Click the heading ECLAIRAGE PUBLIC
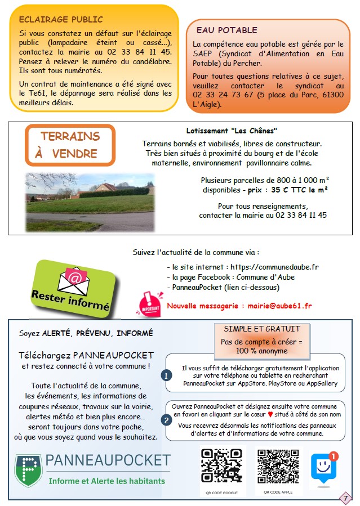coord(53,21)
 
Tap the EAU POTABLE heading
coord(226,30)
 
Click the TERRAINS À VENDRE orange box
coord(70,145)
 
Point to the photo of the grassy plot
coord(89,202)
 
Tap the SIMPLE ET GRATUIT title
coord(262,329)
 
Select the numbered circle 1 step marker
coord(166,375)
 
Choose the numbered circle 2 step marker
coord(166,420)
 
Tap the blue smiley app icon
coord(323,466)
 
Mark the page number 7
coord(344,498)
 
